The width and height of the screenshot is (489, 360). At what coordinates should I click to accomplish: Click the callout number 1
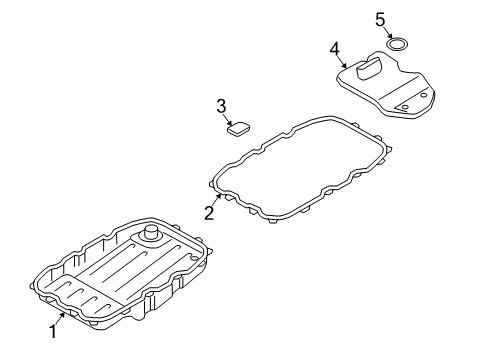click(x=53, y=332)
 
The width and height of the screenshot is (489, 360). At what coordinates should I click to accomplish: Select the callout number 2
click(x=209, y=213)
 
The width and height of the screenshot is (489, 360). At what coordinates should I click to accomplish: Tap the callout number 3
click(x=221, y=106)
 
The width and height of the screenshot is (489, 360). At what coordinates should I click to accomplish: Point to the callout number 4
click(x=335, y=49)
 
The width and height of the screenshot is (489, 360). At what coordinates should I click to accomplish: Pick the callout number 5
click(x=380, y=20)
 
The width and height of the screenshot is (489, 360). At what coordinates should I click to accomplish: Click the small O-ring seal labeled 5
click(x=398, y=44)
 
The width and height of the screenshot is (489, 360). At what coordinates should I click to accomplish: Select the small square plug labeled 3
click(x=239, y=129)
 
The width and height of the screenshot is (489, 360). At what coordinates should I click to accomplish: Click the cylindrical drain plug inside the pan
click(x=151, y=232)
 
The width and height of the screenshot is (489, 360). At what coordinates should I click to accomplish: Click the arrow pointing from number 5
click(x=389, y=33)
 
